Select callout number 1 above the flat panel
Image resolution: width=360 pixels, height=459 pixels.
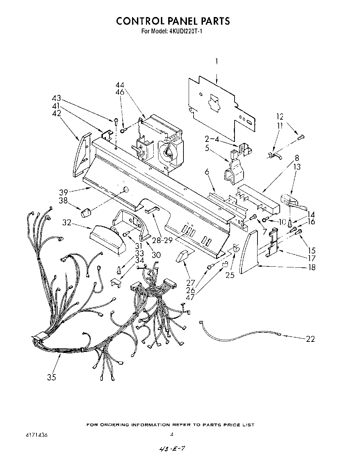[216, 62]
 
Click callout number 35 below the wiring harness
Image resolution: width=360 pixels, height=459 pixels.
[51, 377]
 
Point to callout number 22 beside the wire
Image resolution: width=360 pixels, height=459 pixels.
[310, 339]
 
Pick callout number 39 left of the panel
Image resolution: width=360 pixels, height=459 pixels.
[64, 192]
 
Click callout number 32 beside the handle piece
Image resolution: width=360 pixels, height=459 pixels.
[67, 222]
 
